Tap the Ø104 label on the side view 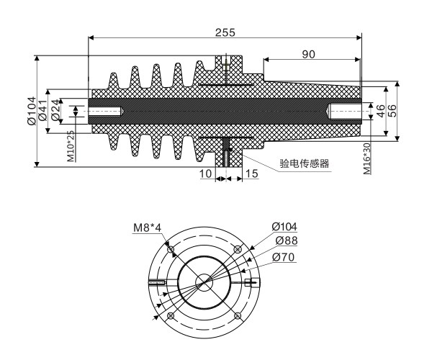pos(33,112)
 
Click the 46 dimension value pos(379,112)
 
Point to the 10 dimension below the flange pos(206,174)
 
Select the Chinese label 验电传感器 pos(304,163)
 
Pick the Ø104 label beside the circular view pos(284,228)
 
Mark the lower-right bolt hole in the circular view pos(237,315)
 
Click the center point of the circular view pos(204,282)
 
